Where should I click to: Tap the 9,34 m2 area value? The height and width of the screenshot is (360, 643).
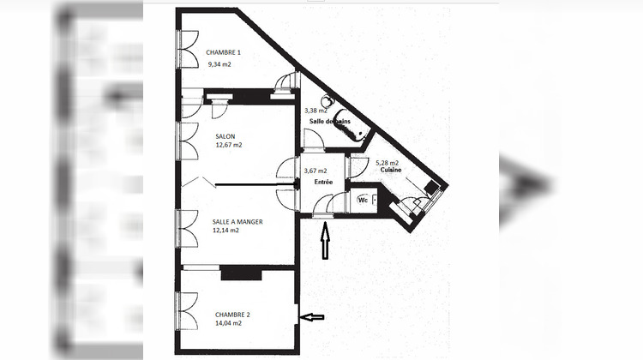tap(219, 63)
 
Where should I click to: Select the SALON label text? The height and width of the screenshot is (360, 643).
tap(225, 135)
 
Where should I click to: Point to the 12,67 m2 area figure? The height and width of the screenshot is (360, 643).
tap(229, 145)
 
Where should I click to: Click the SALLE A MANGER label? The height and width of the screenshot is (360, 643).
tap(237, 221)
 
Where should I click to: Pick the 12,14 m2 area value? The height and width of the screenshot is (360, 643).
tap(225, 231)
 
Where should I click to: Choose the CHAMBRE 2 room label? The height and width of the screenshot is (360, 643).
tap(232, 315)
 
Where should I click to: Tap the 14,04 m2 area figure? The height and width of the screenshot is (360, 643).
tap(230, 325)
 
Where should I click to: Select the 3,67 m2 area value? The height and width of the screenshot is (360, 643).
tap(315, 171)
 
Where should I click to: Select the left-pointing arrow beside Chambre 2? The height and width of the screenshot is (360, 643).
tap(313, 317)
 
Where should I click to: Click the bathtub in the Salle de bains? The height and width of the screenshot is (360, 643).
tap(353, 127)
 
